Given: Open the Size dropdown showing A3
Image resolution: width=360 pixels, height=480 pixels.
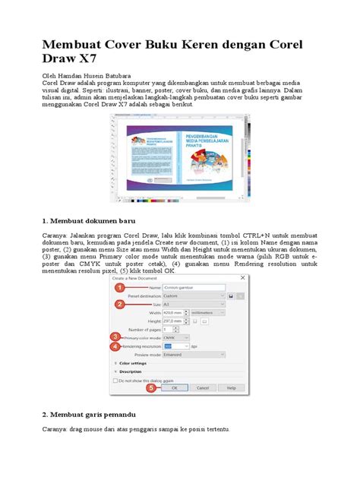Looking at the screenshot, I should (197, 303).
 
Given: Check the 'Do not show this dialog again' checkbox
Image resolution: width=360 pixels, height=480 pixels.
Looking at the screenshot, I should (116, 379).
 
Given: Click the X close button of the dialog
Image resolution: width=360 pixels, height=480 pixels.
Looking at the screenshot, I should (242, 279).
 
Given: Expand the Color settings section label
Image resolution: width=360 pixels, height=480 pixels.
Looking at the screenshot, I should (134, 363).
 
